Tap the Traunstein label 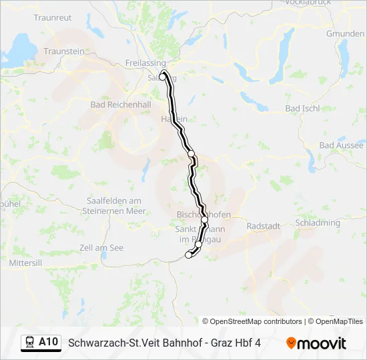click(x=64, y=51)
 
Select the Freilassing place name click(x=145, y=63)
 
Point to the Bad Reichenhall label click(x=121, y=105)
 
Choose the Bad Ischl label click(x=302, y=108)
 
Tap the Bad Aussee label click(x=342, y=145)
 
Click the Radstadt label click(x=263, y=226)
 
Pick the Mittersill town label click(x=26, y=263)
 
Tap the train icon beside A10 click(x=30, y=342)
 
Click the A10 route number click(x=48, y=342)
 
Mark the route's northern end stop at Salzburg click(x=163, y=76)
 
